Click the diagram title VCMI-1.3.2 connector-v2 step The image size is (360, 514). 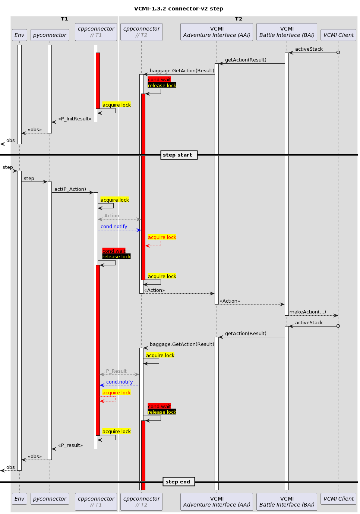179,9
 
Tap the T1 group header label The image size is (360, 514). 64,19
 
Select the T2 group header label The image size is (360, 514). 239,19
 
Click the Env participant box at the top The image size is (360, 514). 19,35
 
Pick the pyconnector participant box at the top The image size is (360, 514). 50,35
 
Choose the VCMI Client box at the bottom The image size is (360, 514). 338,499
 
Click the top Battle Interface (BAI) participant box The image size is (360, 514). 287,32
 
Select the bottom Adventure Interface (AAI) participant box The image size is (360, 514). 217,502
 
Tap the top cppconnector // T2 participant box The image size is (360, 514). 141,32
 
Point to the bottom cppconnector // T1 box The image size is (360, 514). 96,502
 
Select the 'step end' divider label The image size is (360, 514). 178,482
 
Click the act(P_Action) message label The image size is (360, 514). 70,189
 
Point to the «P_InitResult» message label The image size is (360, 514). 75,119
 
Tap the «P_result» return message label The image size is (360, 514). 70,445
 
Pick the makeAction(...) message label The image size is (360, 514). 307,312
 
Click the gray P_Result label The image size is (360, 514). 116,371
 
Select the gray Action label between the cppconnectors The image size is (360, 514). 112,216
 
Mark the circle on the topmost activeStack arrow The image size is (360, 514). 338,53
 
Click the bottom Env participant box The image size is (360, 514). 19,499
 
